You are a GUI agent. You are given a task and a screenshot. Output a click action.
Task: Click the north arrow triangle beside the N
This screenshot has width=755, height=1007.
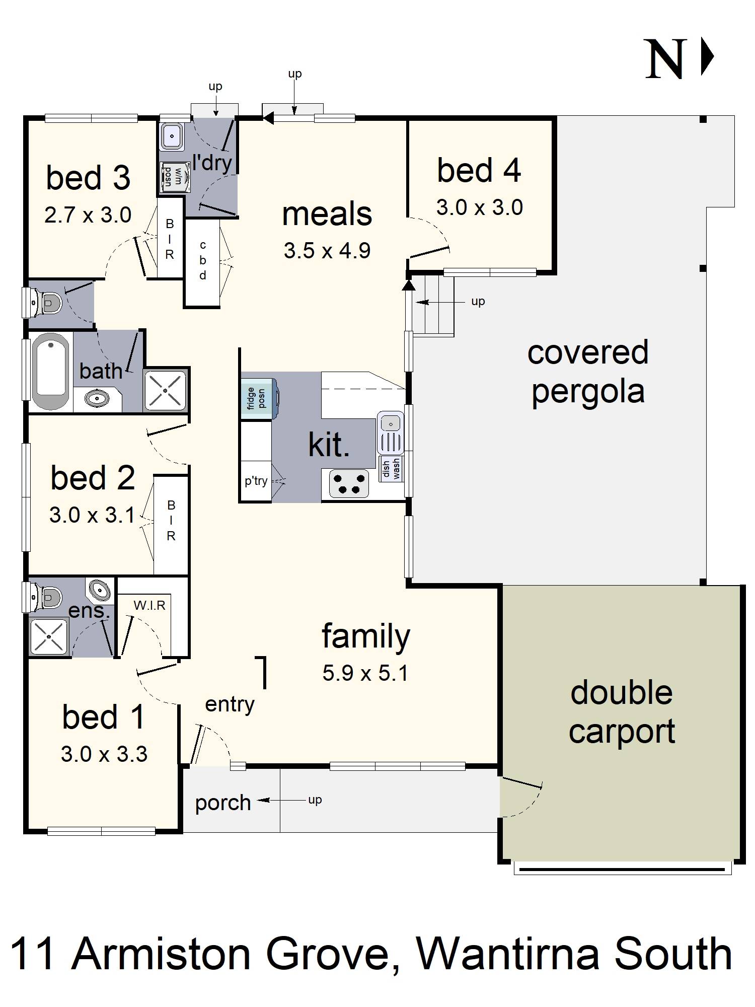click(x=707, y=57)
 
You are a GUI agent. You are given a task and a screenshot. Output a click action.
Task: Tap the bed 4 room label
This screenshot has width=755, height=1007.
click(x=479, y=170)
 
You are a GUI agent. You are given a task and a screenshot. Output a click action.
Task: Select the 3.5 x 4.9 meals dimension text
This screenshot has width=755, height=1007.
click(x=327, y=250)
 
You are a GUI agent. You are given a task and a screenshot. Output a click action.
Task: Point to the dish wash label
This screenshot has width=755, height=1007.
click(x=391, y=469)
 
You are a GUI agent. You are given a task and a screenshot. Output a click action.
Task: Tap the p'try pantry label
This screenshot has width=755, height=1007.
click(x=256, y=481)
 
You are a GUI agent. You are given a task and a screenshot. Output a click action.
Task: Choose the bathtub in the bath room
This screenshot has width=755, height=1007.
click(x=50, y=372)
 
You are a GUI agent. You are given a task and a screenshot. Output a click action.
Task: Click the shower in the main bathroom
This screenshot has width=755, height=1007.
click(x=165, y=390)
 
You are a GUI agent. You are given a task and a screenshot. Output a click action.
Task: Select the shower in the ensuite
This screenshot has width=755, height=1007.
click(x=48, y=637)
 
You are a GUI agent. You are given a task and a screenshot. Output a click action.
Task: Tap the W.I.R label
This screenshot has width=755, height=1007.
click(x=149, y=605)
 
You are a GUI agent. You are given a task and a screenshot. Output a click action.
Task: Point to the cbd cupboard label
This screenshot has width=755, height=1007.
click(x=203, y=260)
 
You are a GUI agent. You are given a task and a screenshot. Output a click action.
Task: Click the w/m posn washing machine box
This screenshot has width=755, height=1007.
click(x=173, y=175)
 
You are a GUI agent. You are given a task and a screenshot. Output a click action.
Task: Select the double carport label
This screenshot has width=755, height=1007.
click(x=622, y=711)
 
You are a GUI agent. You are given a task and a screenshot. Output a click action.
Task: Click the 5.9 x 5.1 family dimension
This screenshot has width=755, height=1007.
click(x=365, y=673)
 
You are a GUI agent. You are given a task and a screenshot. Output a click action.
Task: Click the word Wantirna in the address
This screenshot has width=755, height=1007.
click(x=509, y=954)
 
